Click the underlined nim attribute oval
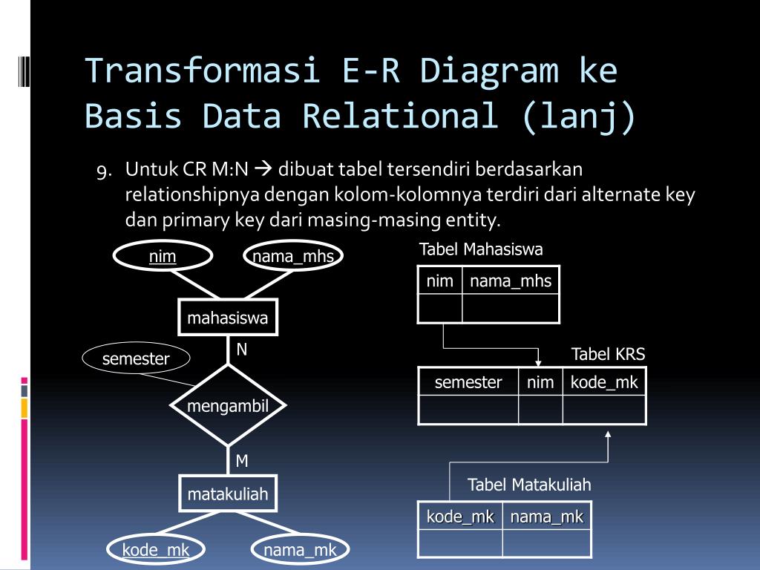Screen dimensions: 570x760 tap(163, 257)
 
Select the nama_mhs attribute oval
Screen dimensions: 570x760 tap(293, 257)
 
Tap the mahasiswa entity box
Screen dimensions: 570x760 tap(228, 319)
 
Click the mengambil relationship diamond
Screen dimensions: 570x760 tap(227, 405)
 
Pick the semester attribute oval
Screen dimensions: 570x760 tap(136, 359)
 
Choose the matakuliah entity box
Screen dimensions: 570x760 tap(228, 494)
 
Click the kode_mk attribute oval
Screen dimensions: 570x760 tap(156, 550)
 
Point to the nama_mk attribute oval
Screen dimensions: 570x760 tap(301, 550)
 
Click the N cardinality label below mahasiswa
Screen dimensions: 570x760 tap(242, 350)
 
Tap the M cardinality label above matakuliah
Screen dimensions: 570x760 tap(242, 461)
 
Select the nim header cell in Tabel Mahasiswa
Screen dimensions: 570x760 tap(440, 281)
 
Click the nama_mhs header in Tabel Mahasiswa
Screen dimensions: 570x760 tap(511, 281)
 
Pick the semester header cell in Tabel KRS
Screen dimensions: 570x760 tap(468, 382)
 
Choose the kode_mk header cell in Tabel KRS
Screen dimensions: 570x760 tap(604, 382)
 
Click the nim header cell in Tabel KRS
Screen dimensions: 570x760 tap(540, 382)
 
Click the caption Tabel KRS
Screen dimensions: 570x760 tap(608, 355)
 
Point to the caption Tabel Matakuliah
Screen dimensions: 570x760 tap(529, 485)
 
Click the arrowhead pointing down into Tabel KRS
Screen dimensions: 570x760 tap(538, 361)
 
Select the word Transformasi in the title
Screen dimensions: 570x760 tap(202, 71)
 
